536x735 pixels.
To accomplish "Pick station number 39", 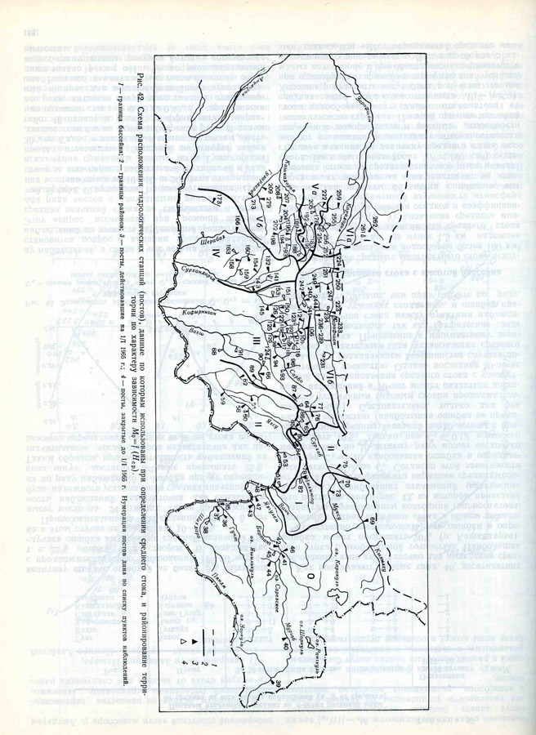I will pos(279,681).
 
